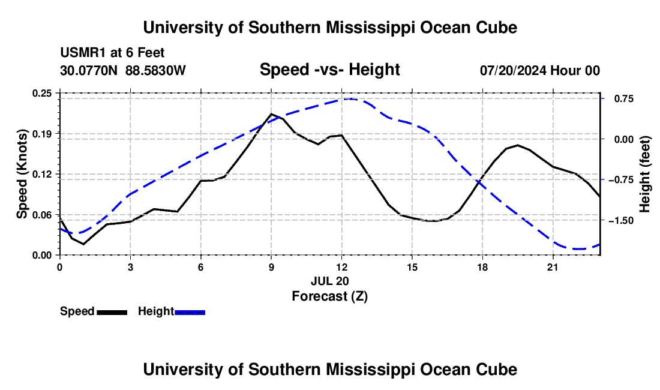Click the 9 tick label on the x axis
click(271, 267)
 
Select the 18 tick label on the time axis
click(482, 267)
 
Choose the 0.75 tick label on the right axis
click(624, 99)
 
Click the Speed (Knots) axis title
click(22, 174)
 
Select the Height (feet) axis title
click(645, 174)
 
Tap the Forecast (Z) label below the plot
click(330, 296)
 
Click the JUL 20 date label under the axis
click(330, 281)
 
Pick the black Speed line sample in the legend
click(112, 313)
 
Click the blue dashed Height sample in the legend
click(190, 313)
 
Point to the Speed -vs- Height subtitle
click(330, 70)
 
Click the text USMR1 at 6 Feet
click(112, 53)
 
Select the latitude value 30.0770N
click(89, 70)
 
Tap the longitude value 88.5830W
click(156, 70)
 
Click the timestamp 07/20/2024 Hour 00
click(540, 70)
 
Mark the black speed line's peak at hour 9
click(271, 113)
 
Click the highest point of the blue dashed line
click(349, 99)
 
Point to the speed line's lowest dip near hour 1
click(83, 244)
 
